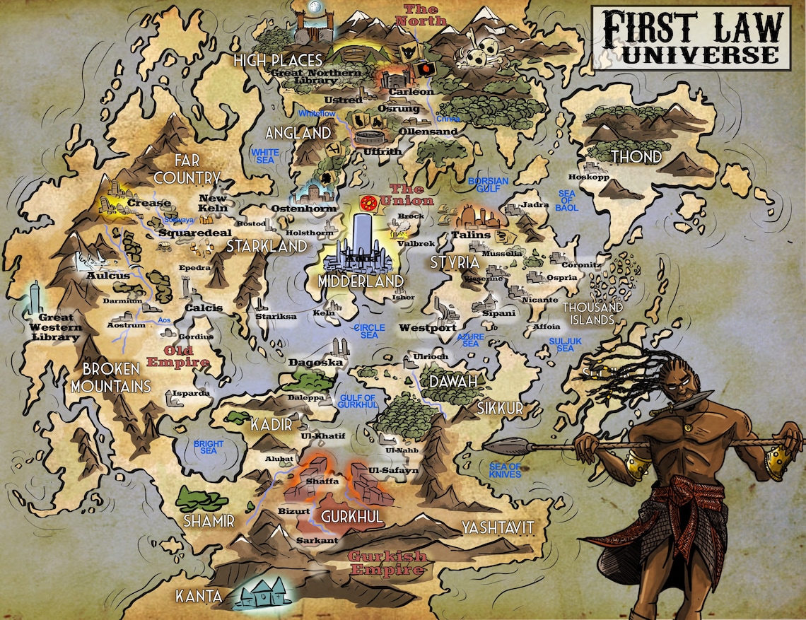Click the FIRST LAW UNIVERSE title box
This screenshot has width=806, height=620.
(691, 37)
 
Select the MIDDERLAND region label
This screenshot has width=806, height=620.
(361, 281)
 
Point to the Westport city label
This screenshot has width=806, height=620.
(427, 328)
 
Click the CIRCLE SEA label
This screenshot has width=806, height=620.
(369, 331)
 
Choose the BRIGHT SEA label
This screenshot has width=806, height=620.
(209, 448)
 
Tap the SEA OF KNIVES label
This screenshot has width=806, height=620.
(505, 470)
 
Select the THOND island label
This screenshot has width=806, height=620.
(636, 156)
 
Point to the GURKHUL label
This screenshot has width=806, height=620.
(351, 517)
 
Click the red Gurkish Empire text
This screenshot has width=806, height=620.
(387, 563)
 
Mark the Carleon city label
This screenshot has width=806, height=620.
(416, 92)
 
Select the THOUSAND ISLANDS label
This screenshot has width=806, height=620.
(592, 314)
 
